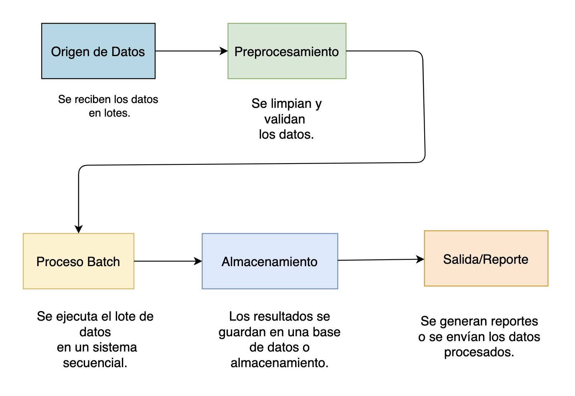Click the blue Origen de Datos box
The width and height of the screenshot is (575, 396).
98,51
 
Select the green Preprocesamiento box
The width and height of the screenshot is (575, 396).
287,51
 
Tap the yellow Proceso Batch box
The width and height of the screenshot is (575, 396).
78,261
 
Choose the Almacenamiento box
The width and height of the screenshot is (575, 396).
269,261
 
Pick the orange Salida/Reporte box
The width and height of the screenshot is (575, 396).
486,259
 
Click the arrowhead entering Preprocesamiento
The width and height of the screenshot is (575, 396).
224,51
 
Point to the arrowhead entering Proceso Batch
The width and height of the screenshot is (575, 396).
79,229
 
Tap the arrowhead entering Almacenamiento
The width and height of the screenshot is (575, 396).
198,261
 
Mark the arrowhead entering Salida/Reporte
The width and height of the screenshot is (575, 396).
420,259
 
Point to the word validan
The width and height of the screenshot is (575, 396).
285,119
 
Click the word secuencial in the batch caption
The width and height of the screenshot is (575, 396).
95,363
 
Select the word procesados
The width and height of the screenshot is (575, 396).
479,352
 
